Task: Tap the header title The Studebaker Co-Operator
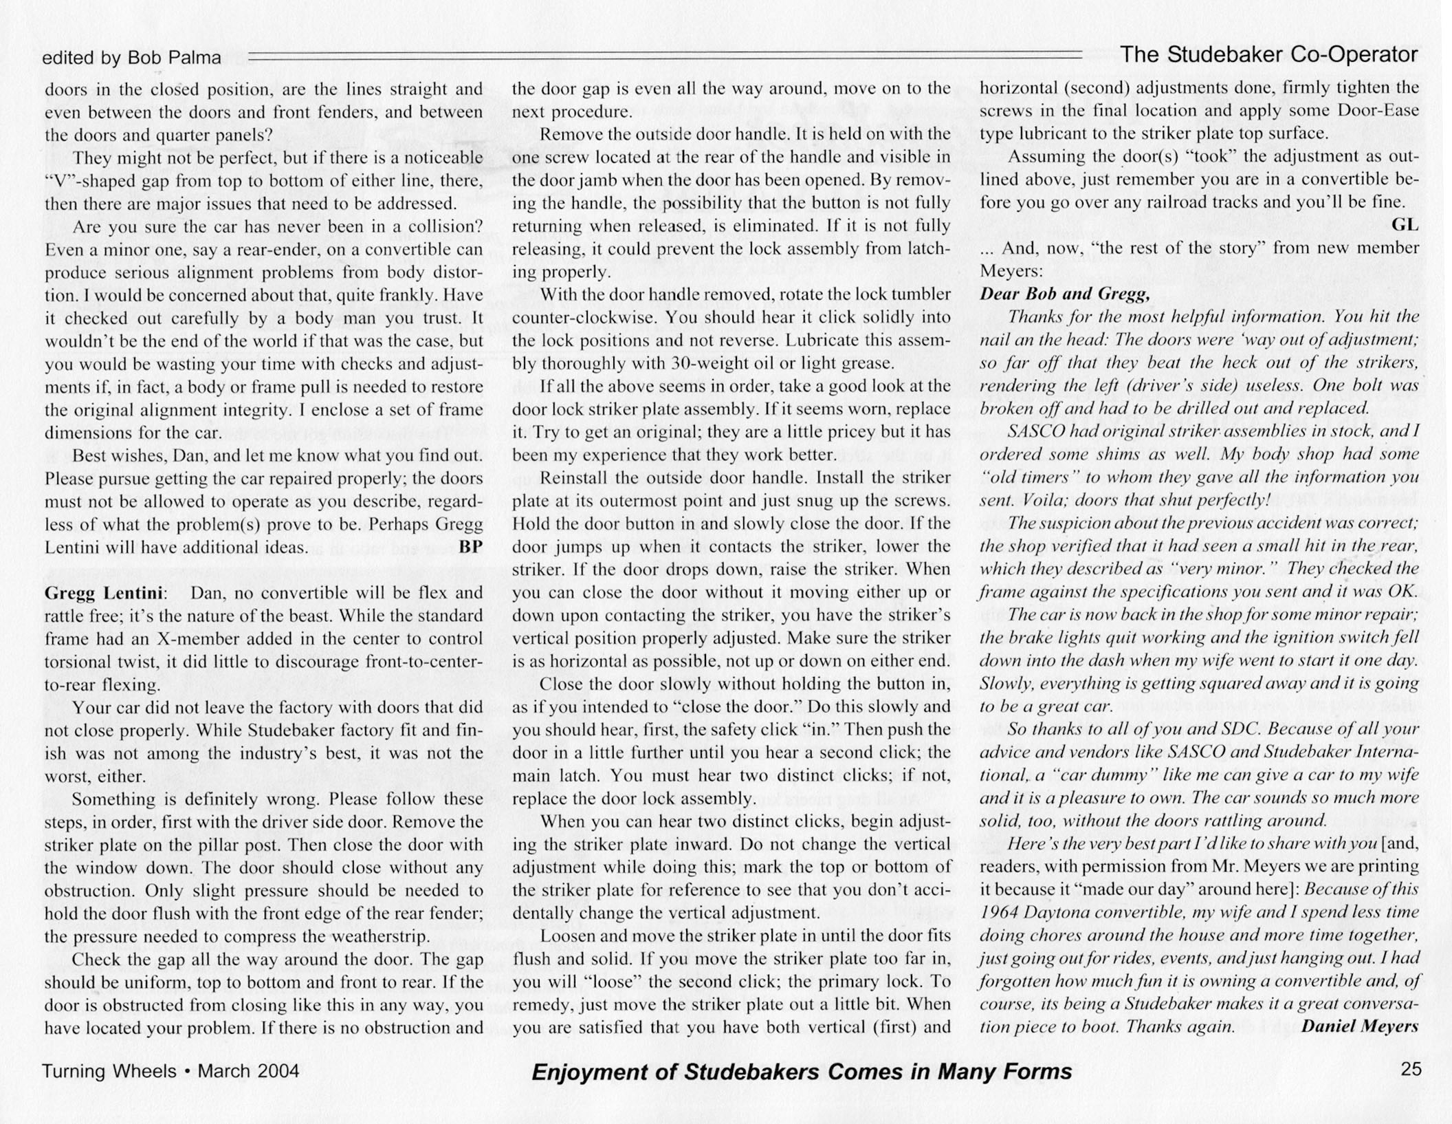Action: coord(1269,55)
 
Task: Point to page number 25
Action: coord(1411,1069)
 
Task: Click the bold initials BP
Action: coord(470,548)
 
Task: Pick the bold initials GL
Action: coord(1405,225)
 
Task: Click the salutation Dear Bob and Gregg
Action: coord(1064,294)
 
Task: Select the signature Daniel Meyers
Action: coord(1360,1027)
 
